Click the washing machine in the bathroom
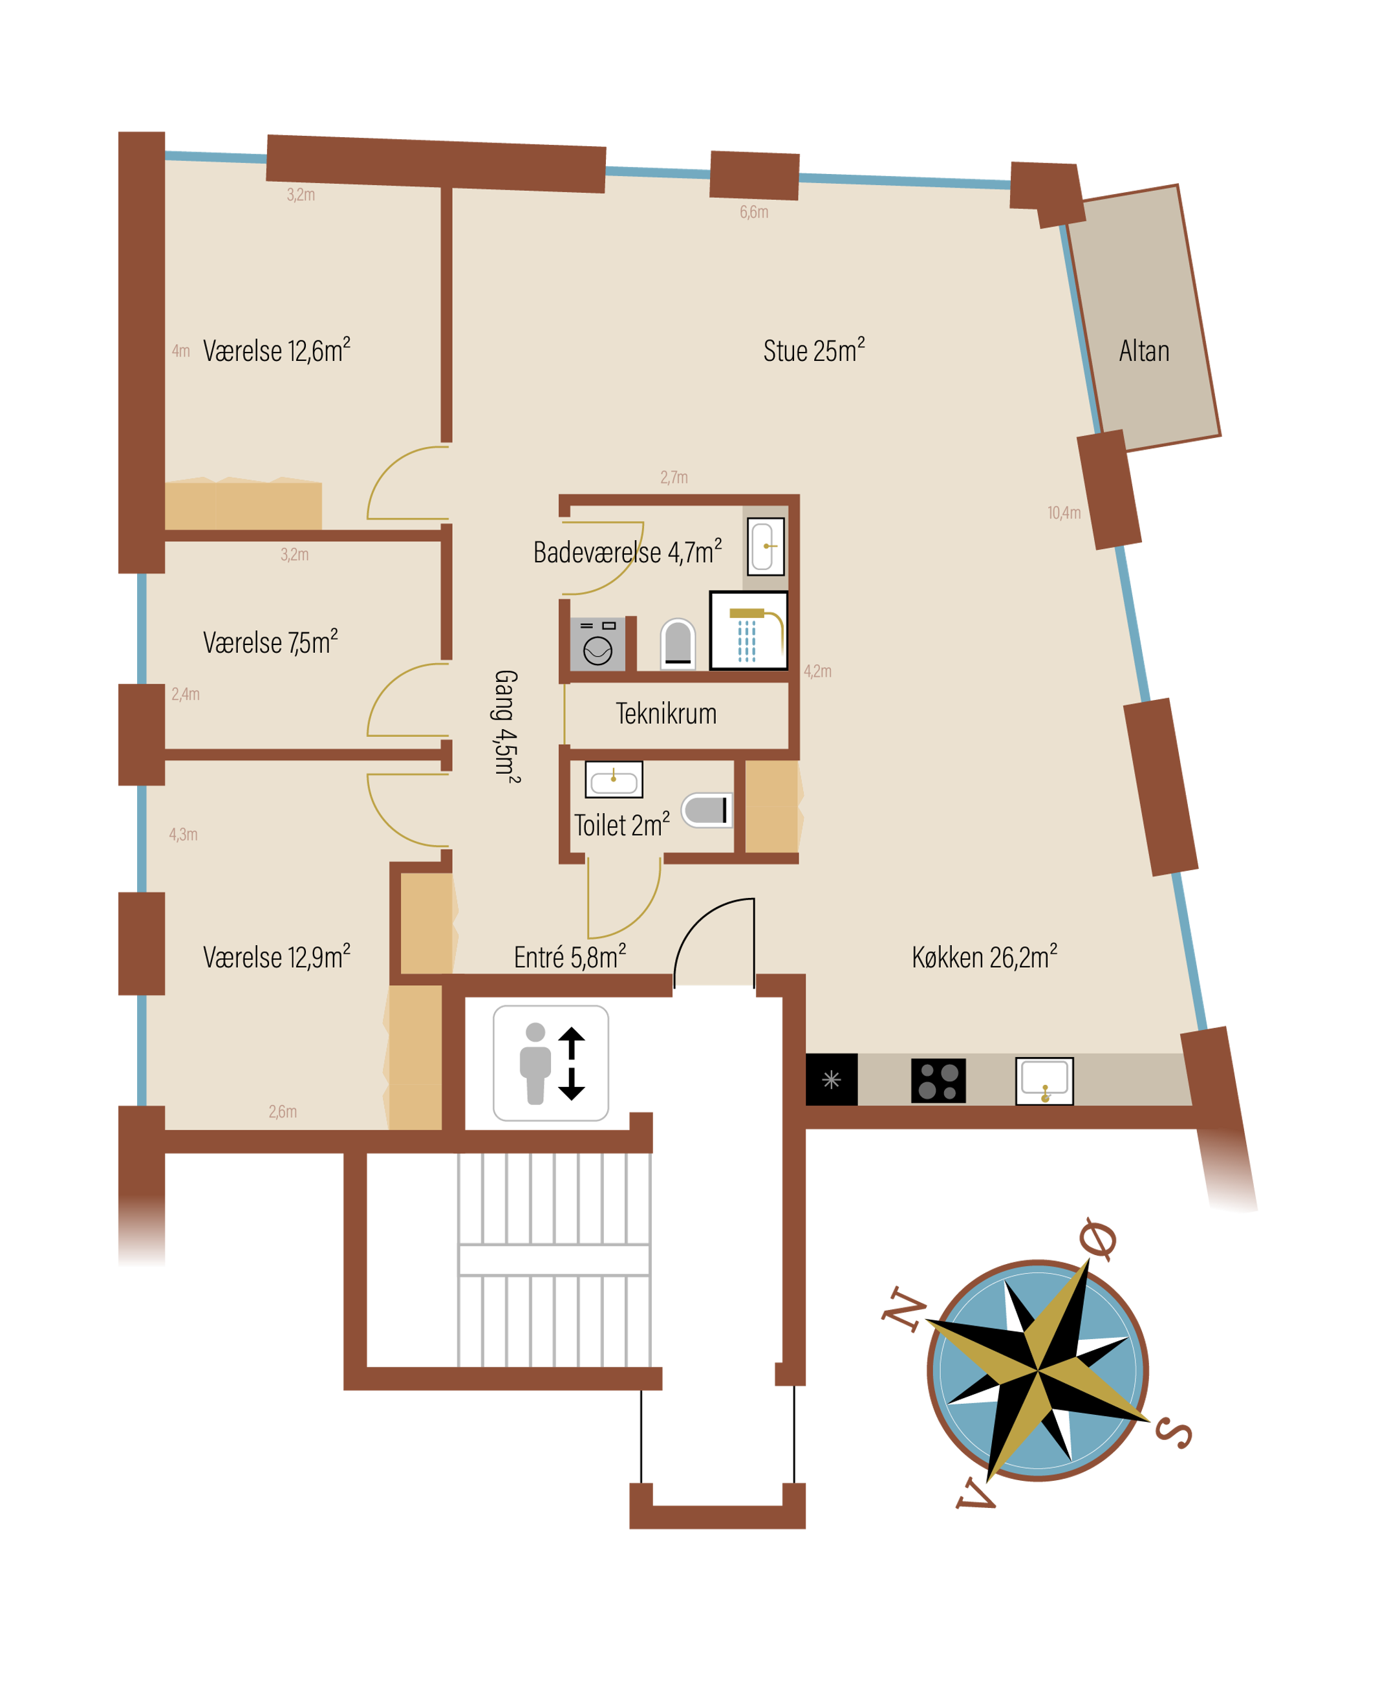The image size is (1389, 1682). [598, 644]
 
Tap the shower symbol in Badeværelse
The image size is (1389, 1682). [749, 630]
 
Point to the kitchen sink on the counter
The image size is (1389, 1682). [1044, 1081]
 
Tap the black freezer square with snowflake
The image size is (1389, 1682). [832, 1080]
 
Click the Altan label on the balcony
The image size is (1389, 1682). [1144, 351]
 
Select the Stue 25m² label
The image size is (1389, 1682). [813, 350]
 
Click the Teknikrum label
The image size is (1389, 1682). [665, 714]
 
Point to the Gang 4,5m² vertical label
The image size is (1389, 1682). [506, 726]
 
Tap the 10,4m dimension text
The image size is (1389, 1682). [1064, 512]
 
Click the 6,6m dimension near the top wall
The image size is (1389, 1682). [754, 212]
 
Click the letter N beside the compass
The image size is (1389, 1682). [904, 1310]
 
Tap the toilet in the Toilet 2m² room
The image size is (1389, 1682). [707, 810]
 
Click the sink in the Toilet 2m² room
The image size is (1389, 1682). [614, 780]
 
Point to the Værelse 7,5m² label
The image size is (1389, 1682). [270, 642]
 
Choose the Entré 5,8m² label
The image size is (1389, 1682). [570, 957]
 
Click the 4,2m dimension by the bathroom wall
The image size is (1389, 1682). [818, 671]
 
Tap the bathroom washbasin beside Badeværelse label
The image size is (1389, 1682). [766, 547]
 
